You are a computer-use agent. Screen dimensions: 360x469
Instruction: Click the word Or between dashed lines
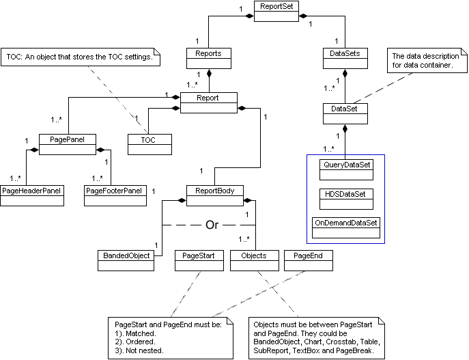tap(212, 225)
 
